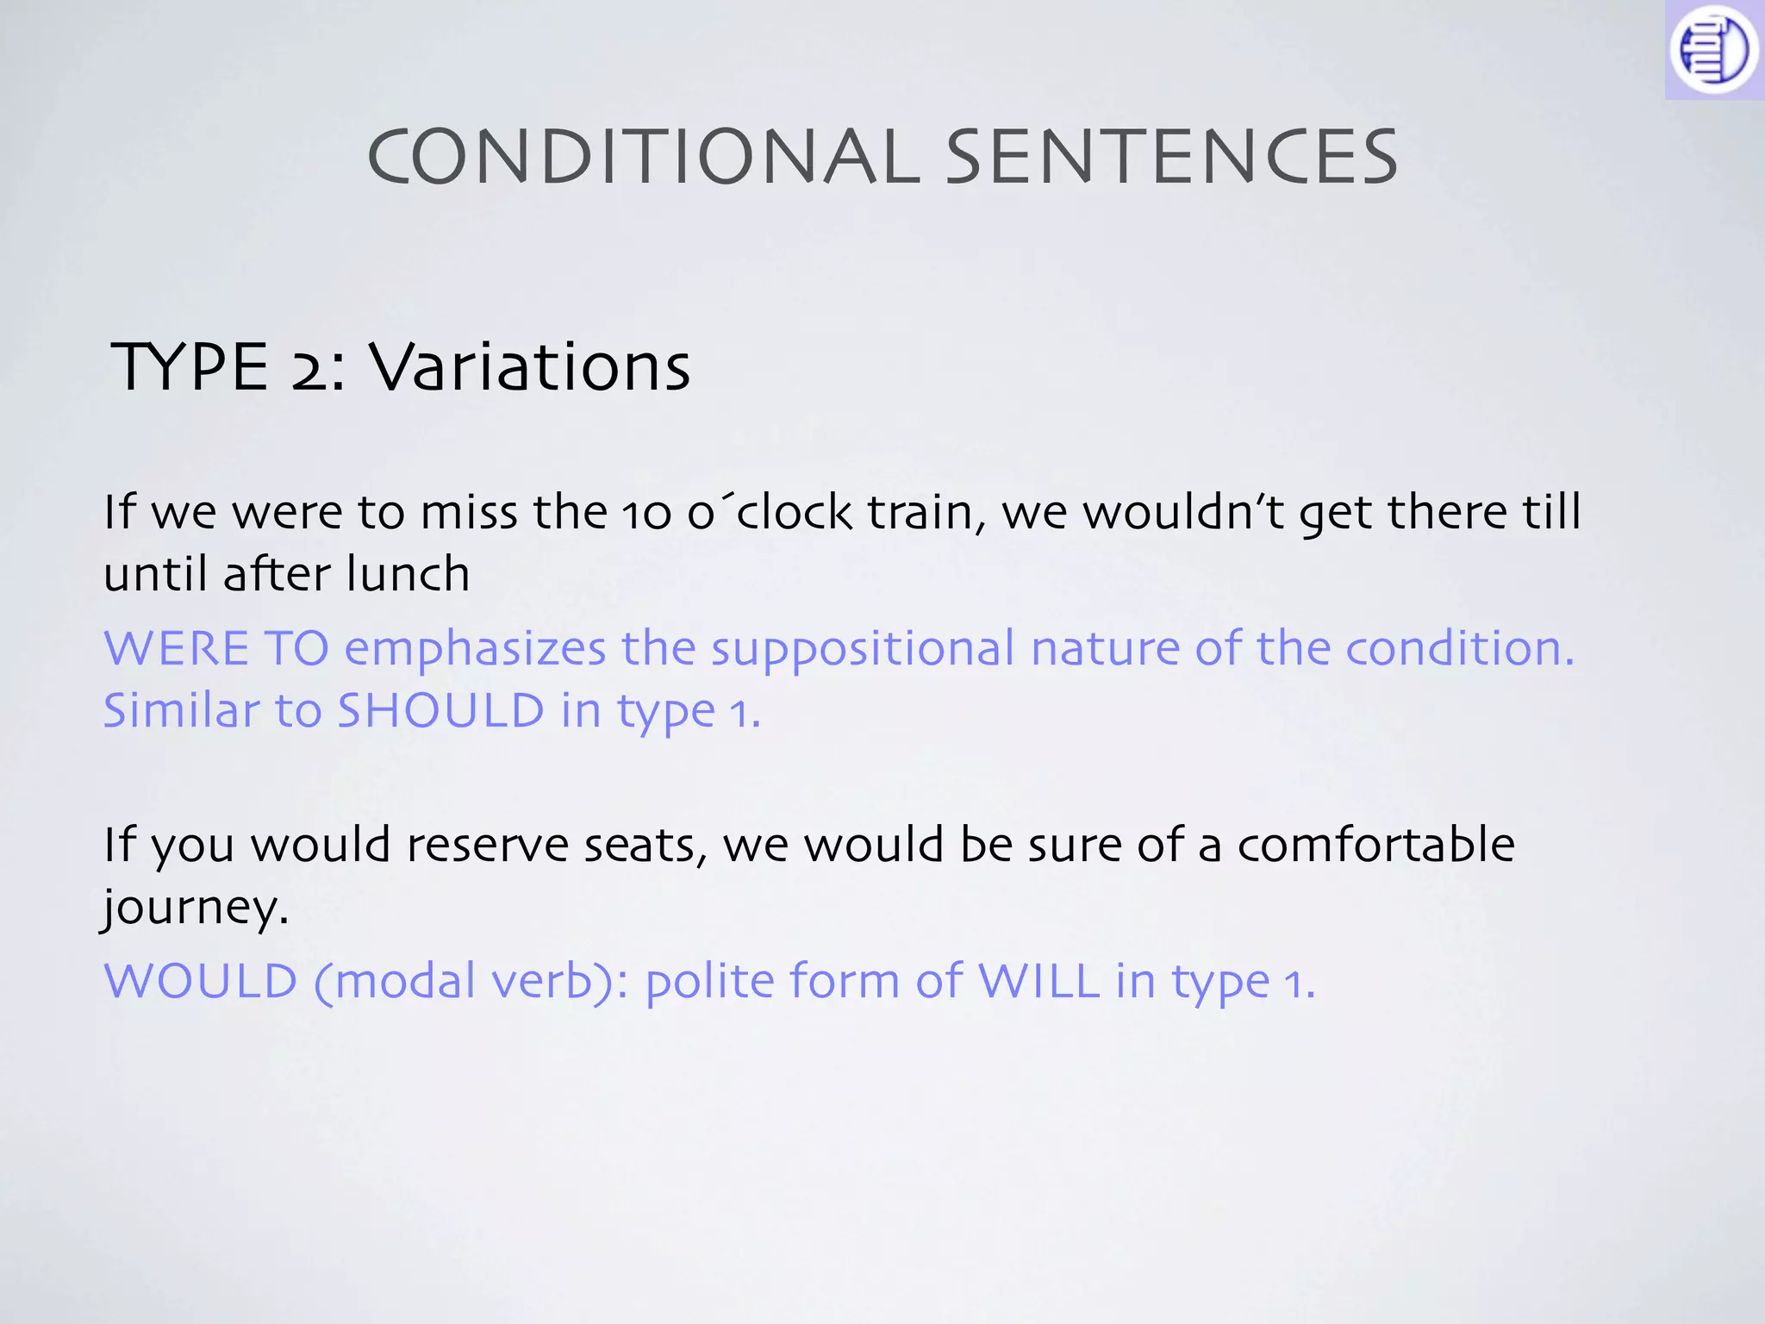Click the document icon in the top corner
pos(1713,50)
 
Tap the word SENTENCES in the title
pos(1171,157)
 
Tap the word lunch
pos(408,574)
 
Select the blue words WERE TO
pos(216,648)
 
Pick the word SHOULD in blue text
pos(440,711)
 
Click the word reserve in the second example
pos(487,845)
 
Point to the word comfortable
pos(1375,845)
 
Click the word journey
pos(194,909)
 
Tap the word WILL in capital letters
pos(1038,981)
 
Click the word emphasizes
pos(476,650)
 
